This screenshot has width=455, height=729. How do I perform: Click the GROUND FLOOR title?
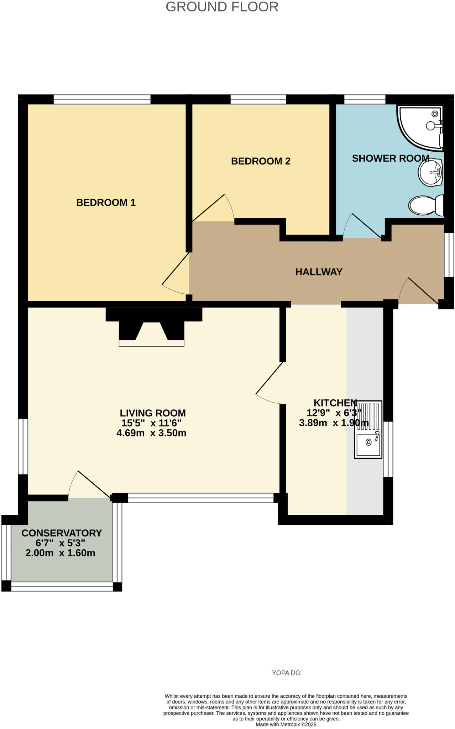(x=222, y=7)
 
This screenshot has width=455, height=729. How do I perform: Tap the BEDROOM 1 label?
(x=106, y=203)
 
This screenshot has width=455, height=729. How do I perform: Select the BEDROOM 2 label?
(x=261, y=161)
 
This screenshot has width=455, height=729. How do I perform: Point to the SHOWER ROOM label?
(x=390, y=158)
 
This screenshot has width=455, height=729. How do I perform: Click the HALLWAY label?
(x=319, y=272)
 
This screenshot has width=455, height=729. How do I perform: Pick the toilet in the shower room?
(x=426, y=205)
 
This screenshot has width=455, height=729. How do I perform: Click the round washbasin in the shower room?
(x=430, y=173)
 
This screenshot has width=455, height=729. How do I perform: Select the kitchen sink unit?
(x=368, y=429)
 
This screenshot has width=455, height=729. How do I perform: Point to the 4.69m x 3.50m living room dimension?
(x=151, y=433)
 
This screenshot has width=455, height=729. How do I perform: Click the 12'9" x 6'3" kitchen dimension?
(x=334, y=413)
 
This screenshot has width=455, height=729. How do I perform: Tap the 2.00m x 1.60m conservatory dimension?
(x=60, y=553)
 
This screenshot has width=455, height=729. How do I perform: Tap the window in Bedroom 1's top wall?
(x=102, y=99)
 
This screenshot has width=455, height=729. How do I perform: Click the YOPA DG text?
(x=286, y=673)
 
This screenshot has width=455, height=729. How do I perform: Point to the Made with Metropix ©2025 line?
(x=286, y=724)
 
